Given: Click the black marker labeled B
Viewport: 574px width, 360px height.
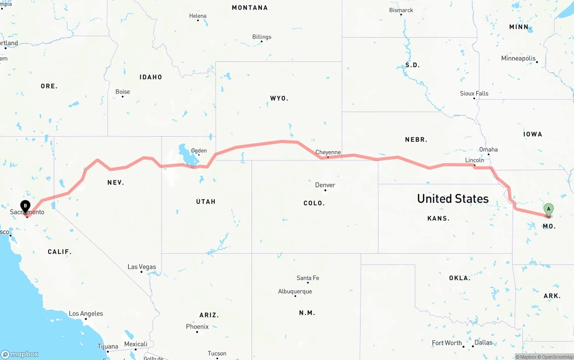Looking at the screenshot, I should (x=26, y=206).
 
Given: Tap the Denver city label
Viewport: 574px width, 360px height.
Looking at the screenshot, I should (x=325, y=185).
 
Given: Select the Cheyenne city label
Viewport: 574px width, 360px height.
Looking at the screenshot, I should (x=328, y=152).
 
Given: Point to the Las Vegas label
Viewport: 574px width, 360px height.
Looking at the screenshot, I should (x=142, y=267).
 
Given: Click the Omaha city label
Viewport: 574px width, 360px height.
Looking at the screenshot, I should (x=488, y=149).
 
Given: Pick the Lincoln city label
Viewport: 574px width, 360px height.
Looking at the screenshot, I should (x=474, y=160).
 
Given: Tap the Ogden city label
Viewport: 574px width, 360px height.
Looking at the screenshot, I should (x=199, y=151).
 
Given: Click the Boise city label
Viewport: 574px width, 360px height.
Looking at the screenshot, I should (x=123, y=92).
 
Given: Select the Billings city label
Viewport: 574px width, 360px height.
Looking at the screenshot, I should (x=262, y=37).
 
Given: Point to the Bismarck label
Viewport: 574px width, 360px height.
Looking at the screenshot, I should (x=401, y=10).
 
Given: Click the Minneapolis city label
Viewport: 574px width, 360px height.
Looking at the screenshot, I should (x=518, y=58).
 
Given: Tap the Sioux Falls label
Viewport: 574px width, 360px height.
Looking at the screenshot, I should (x=474, y=93).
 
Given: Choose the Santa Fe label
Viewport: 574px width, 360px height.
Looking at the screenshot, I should (x=308, y=278).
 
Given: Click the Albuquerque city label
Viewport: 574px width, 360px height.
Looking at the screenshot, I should (x=295, y=291).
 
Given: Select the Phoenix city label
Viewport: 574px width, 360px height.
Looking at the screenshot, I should (x=197, y=326).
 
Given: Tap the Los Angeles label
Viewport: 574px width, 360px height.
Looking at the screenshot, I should (x=86, y=314).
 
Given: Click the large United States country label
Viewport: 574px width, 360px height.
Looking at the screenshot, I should (x=453, y=199).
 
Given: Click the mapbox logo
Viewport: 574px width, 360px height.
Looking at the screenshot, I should (x=20, y=354).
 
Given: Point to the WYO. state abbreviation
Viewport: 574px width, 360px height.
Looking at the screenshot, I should (x=279, y=98).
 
